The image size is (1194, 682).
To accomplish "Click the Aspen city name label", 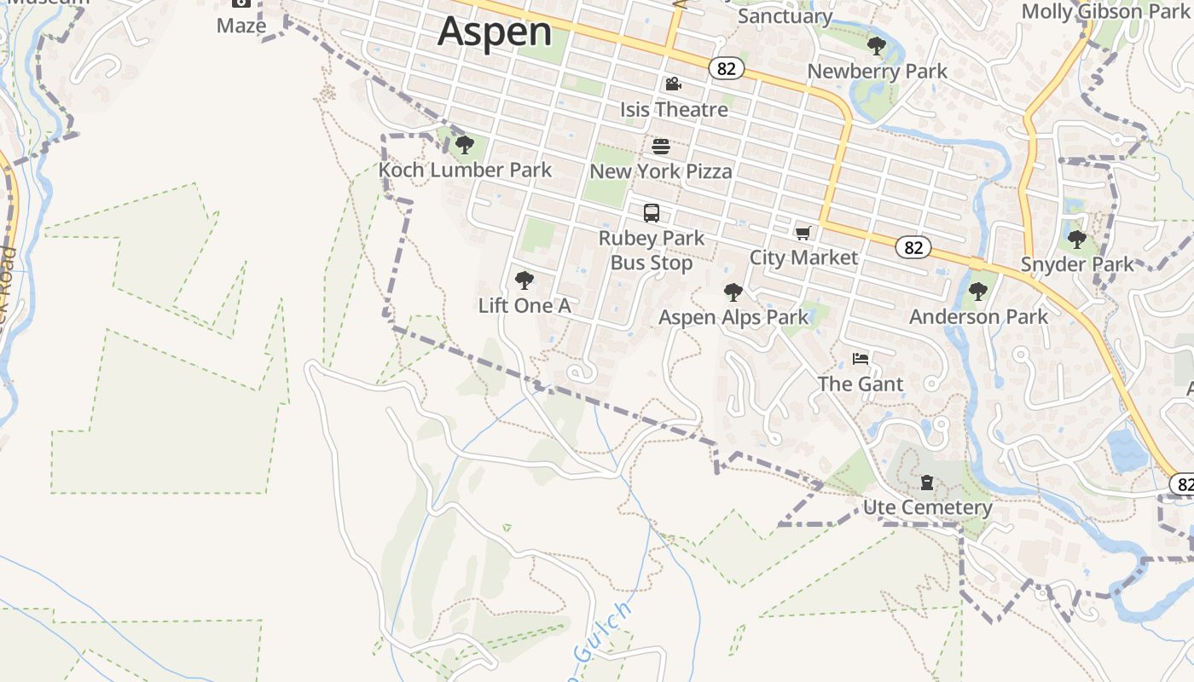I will pos(495,32).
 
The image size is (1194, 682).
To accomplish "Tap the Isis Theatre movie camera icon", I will pos(673,84).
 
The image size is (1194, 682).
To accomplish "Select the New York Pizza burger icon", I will pos(661,147).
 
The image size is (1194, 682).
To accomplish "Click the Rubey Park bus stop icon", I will pos(652,213).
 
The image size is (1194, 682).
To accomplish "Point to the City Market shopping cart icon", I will pos(803,233).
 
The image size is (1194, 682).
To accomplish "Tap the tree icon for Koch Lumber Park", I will pos(464,145).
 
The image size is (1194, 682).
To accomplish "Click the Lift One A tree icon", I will pos(525,280).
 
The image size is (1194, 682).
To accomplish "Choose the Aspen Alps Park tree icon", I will pos(733,293).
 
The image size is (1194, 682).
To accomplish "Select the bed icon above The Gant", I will pos(860,359).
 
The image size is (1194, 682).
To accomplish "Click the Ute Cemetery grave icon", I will pos(927,483).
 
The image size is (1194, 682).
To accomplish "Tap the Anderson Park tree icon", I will pos(978,292).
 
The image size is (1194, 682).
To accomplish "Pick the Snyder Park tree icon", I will pos(1077,240).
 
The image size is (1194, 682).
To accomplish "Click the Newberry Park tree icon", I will pos(876,46).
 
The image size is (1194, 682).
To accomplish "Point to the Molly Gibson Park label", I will pos(1105,12).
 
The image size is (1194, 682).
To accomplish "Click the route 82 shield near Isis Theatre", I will pos(726,69).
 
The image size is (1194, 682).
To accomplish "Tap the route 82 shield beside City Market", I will pos(913,247).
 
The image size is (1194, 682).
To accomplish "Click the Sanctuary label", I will pos(785,16).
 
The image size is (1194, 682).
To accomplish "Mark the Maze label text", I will pos(241,26).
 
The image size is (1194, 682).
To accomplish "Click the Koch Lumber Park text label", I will pos(466,170).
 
